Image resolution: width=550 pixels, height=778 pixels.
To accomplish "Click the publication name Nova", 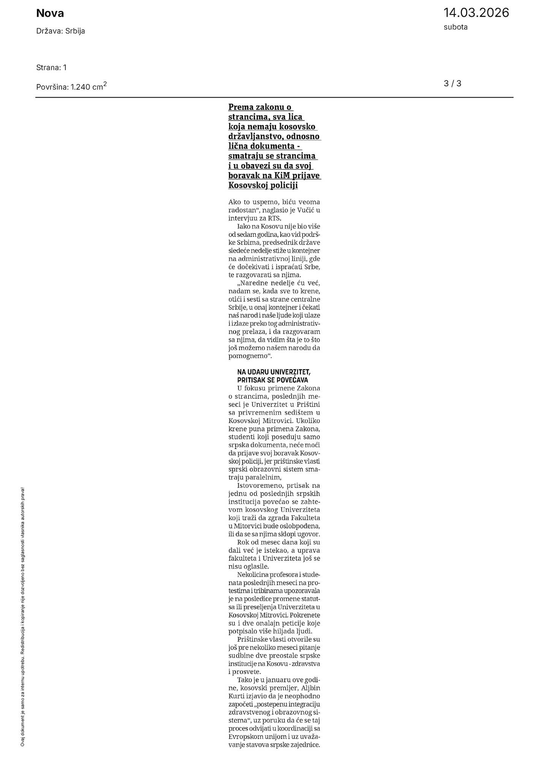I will [x=50, y=14].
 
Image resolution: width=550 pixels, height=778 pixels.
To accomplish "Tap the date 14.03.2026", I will [x=476, y=13].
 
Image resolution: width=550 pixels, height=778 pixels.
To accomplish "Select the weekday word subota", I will [x=455, y=27].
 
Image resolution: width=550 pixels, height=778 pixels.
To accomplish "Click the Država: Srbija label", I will [x=60, y=31].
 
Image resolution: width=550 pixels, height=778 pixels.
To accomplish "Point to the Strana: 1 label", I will [x=51, y=68].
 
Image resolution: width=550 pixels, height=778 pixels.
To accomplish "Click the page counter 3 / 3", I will [x=452, y=84].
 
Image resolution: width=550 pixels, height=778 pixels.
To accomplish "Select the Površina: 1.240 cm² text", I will [x=71, y=87].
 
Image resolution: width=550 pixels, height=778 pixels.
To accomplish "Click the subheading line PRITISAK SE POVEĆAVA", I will [x=273, y=380].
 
